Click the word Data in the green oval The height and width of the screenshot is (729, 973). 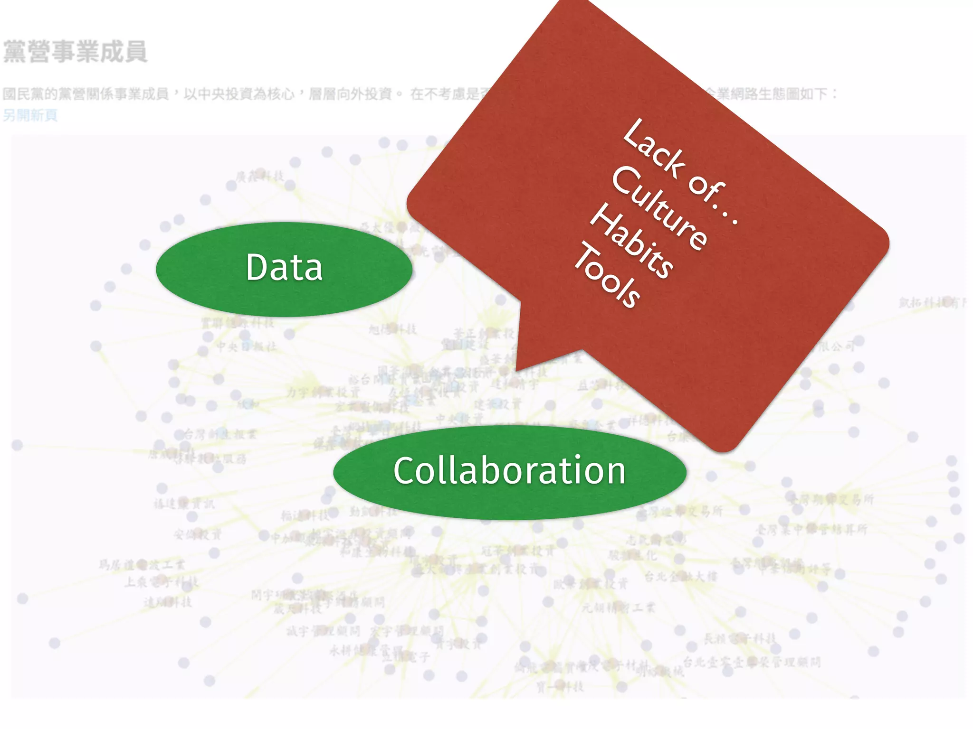(284, 268)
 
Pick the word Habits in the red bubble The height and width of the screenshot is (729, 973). (631, 242)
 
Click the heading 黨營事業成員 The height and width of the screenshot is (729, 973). (75, 52)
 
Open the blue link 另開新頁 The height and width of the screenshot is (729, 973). (30, 115)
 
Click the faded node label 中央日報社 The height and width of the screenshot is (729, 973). (247, 347)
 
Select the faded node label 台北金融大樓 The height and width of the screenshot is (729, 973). (680, 577)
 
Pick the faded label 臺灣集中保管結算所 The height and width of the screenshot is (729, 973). (811, 529)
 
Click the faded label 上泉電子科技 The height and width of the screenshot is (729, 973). (162, 582)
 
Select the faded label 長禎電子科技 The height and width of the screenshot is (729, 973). (739, 639)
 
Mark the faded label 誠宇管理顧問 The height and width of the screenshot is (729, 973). (324, 632)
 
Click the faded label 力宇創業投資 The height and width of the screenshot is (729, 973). (324, 393)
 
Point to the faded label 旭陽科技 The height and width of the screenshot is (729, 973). (393, 329)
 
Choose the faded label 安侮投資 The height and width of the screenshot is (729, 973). (198, 535)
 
